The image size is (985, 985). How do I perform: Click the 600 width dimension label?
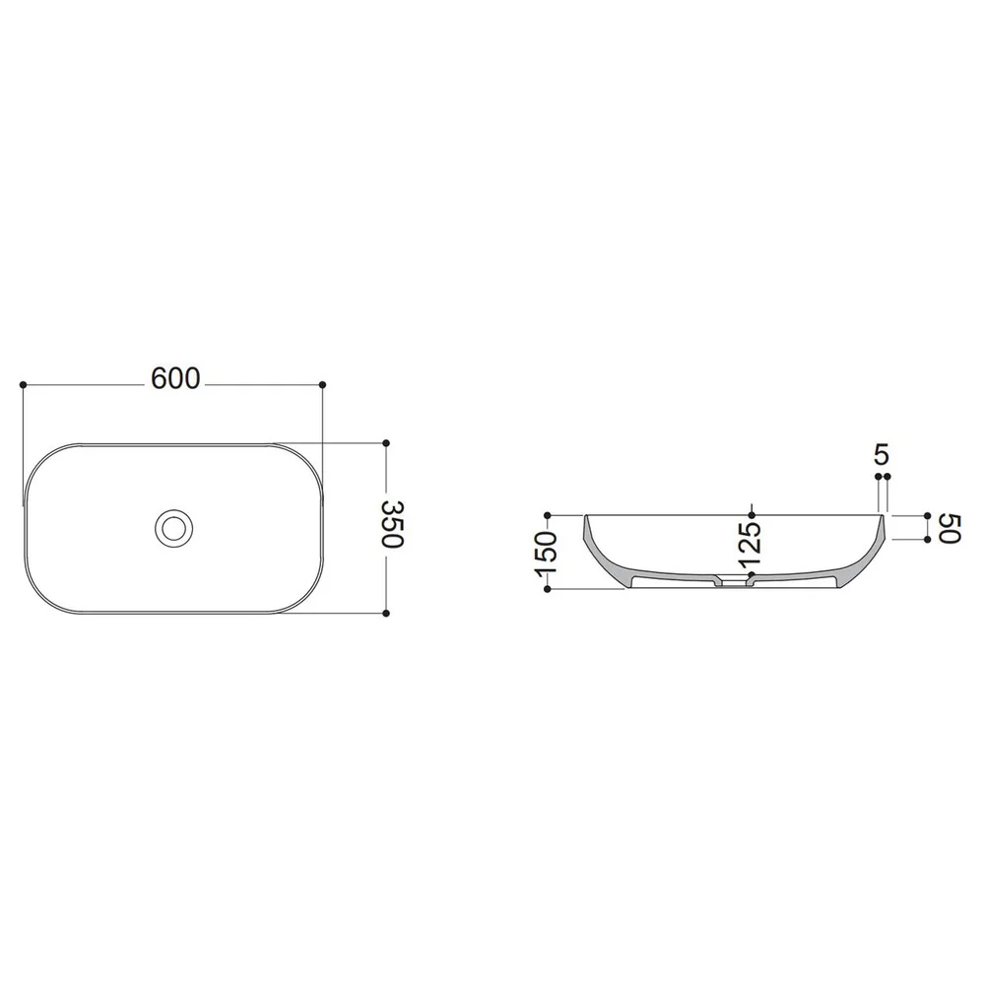[x=175, y=378]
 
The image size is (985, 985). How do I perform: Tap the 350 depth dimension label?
[x=393, y=524]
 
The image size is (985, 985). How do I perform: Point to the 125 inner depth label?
[x=750, y=545]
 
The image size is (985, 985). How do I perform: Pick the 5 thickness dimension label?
[x=882, y=454]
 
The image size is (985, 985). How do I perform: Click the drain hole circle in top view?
[x=173, y=528]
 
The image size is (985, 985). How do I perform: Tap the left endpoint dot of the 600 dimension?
[x=24, y=384]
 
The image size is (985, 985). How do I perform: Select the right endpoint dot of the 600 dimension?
[x=323, y=384]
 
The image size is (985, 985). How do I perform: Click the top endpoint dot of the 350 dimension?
[x=386, y=443]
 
